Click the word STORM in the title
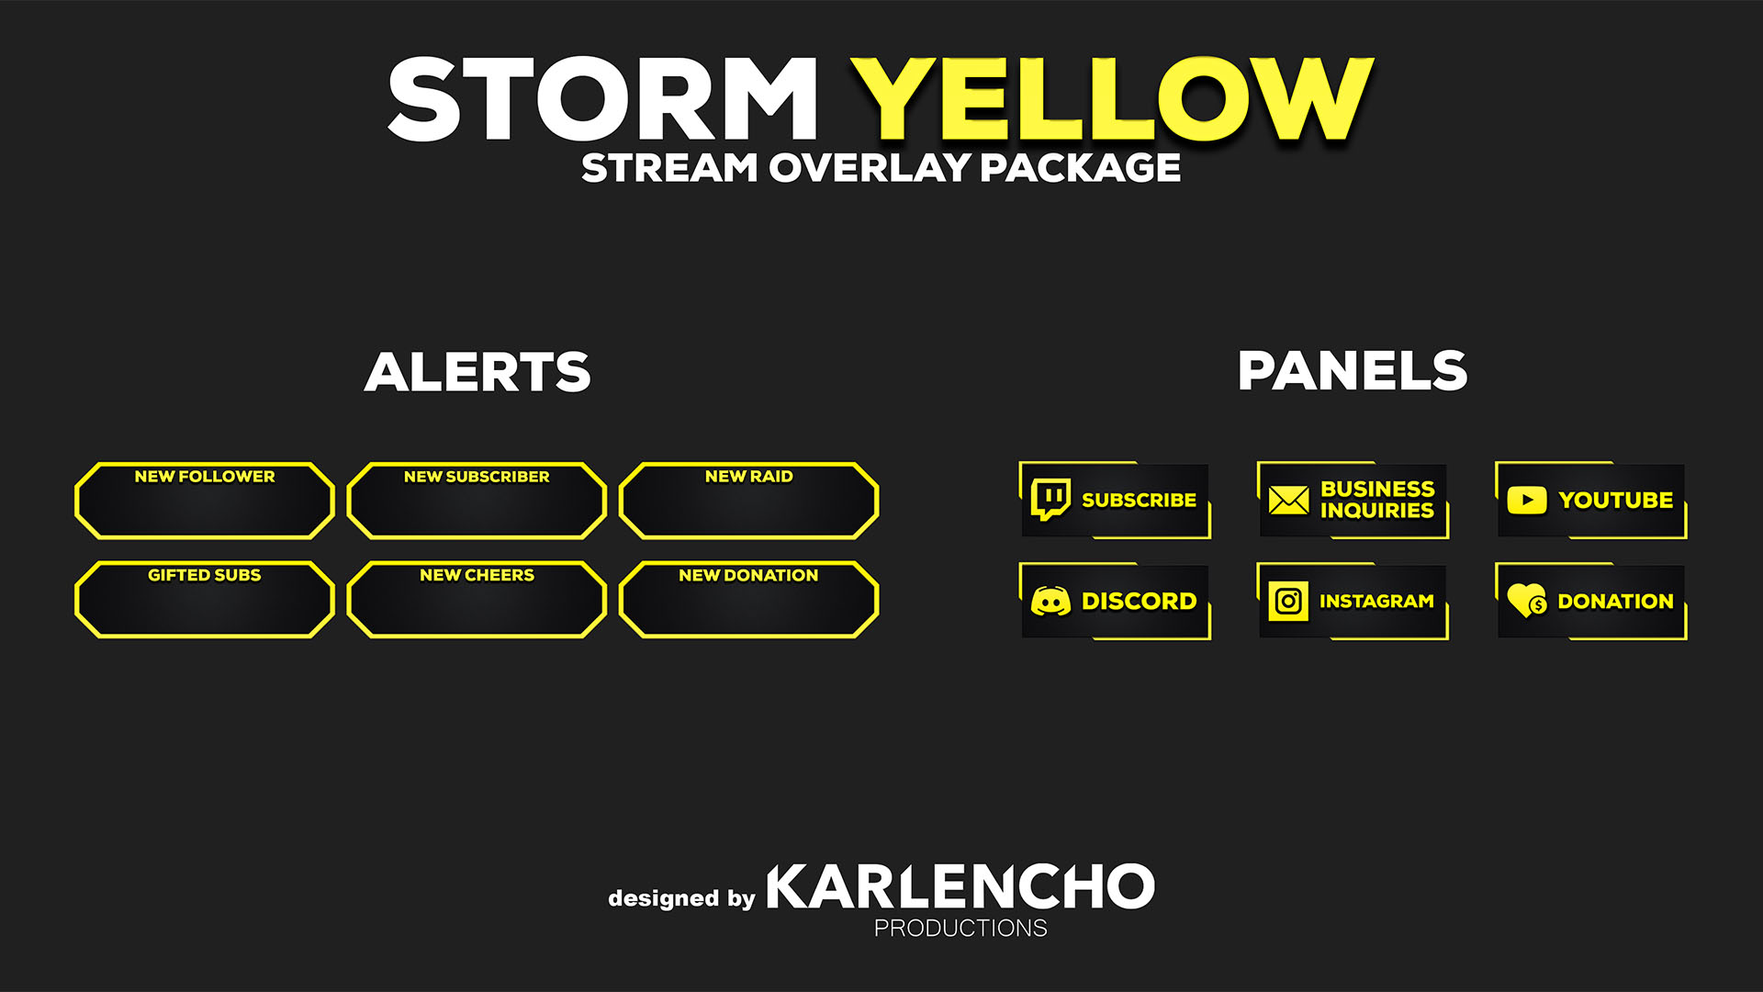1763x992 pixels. pyautogui.click(x=602, y=98)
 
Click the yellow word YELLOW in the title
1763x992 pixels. pyautogui.click(x=1112, y=98)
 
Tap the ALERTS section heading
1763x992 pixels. pyautogui.click(x=477, y=372)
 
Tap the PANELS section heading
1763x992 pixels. pyautogui.click(x=1353, y=371)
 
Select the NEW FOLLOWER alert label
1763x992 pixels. pyautogui.click(x=205, y=477)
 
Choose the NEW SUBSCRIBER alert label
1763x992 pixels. pyautogui.click(x=477, y=477)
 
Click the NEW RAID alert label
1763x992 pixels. pyautogui.click(x=748, y=477)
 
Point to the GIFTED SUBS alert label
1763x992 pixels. pyautogui.click(x=205, y=575)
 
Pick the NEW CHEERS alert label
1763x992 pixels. pyautogui.click(x=477, y=575)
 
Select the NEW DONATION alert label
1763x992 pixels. pyautogui.click(x=748, y=575)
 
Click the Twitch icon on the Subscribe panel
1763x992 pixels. pyautogui.click(x=1050, y=500)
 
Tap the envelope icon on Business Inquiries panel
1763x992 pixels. pyautogui.click(x=1288, y=500)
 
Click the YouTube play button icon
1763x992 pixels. pyautogui.click(x=1527, y=500)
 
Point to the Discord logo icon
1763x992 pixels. pyautogui.click(x=1050, y=602)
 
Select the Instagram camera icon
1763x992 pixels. pyautogui.click(x=1288, y=602)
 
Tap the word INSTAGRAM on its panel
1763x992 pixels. pyautogui.click(x=1376, y=602)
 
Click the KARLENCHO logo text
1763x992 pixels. pyautogui.click(x=960, y=886)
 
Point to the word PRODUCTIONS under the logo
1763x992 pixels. pyautogui.click(x=960, y=929)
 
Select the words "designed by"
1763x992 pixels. pyautogui.click(x=681, y=898)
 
